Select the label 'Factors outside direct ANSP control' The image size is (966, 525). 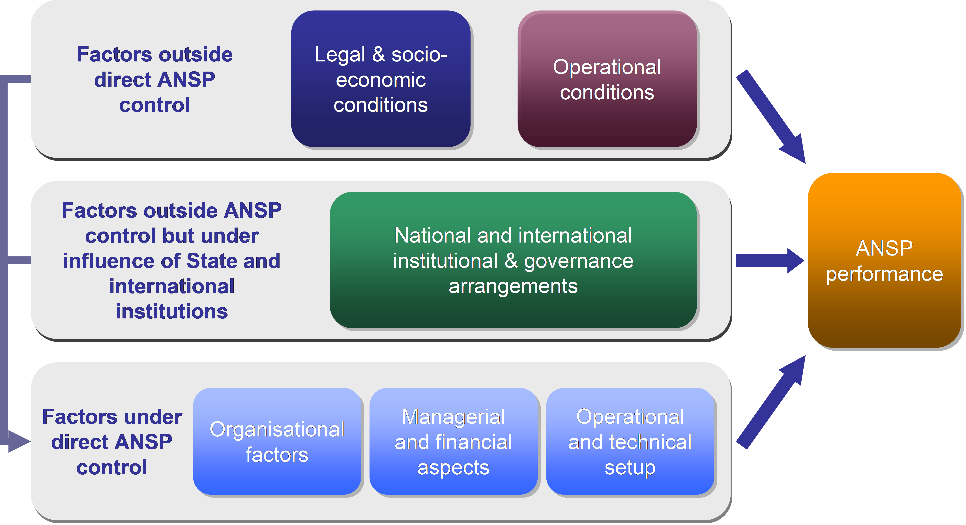click(x=154, y=80)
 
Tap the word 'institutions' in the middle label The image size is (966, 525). click(x=172, y=312)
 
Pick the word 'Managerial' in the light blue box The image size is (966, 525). click(x=453, y=417)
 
